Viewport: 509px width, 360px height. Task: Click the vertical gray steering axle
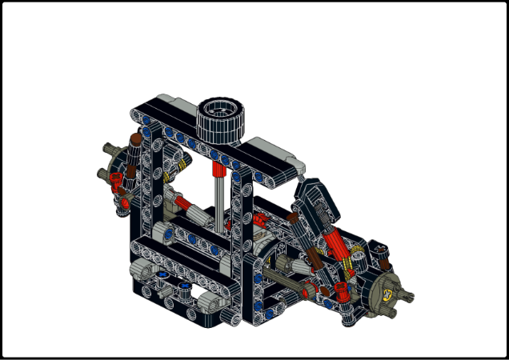point(219,204)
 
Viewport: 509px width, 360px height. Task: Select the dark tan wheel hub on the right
point(387,290)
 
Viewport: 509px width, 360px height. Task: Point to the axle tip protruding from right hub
point(409,299)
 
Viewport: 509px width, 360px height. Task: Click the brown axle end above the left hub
point(136,142)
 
